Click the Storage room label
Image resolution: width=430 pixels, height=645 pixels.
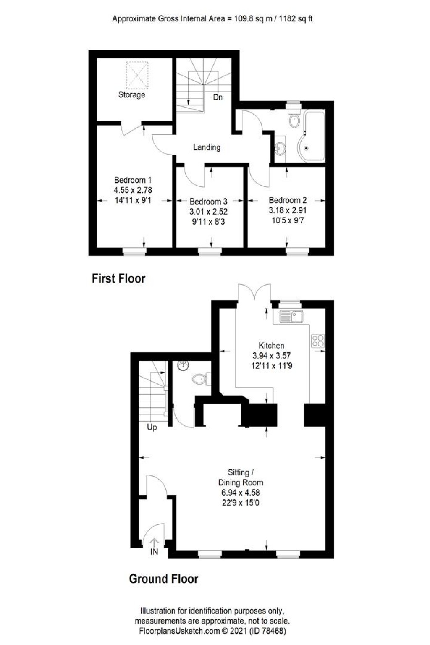131,95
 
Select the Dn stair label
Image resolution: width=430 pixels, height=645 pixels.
218,97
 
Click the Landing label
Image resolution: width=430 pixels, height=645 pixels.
207,147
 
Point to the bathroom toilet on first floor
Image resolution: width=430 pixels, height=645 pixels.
294,119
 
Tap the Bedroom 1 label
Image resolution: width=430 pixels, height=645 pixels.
133,180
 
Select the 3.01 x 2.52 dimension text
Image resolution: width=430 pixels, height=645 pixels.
208,212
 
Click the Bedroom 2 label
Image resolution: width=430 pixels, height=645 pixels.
288,200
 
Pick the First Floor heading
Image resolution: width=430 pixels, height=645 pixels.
118,278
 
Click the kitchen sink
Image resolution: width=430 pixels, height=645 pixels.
291,316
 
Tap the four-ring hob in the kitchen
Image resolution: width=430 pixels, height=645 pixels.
318,341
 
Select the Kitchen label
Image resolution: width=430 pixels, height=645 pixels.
271,346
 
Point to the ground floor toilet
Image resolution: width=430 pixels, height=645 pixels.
201,379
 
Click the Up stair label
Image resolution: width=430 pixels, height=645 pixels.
152,427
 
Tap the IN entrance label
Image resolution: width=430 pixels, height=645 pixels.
154,551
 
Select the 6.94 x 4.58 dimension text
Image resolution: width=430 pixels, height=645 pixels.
241,493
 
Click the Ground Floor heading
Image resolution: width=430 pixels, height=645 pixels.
163,579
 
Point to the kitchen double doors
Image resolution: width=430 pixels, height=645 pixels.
254,293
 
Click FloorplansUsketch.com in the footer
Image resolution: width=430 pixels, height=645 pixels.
180,631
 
